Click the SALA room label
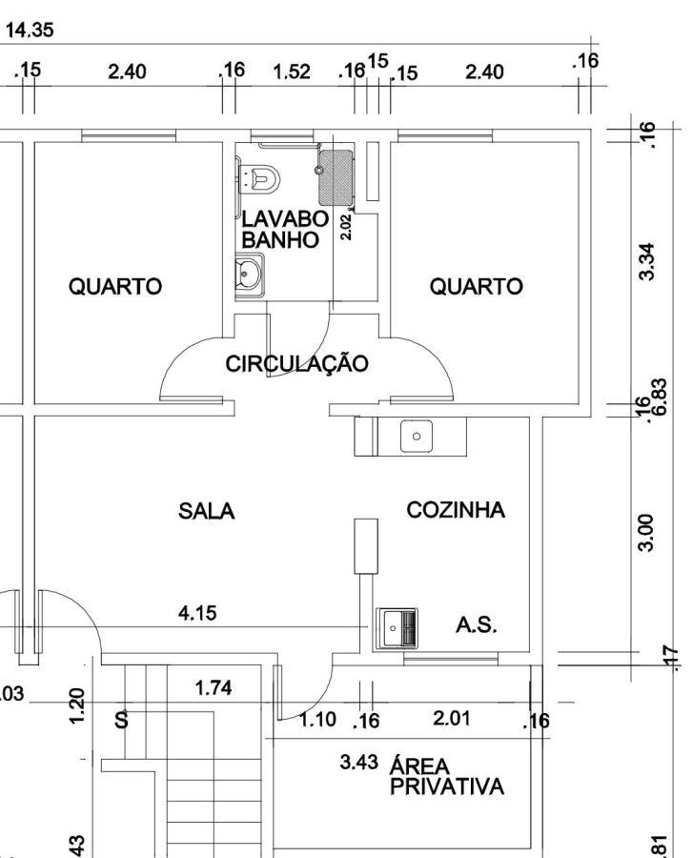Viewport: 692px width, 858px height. point(207,511)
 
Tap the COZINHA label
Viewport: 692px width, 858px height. point(456,510)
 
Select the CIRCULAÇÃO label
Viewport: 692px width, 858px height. point(296,363)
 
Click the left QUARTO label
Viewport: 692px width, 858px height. point(114,286)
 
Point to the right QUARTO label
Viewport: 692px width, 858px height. point(476,286)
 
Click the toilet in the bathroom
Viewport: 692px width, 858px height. point(260,176)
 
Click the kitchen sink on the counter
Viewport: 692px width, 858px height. point(416,437)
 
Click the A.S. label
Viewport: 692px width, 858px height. point(477,625)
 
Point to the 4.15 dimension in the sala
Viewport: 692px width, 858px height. point(197,613)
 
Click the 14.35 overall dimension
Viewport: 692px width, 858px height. point(30,31)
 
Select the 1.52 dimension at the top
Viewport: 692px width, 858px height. point(292,72)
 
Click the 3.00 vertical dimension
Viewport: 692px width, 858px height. point(646,532)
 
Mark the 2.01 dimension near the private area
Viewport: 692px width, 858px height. point(452,718)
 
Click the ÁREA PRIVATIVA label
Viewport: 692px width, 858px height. point(445,776)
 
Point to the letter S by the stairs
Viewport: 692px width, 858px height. point(121,720)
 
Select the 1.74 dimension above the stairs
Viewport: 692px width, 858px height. point(214,687)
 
